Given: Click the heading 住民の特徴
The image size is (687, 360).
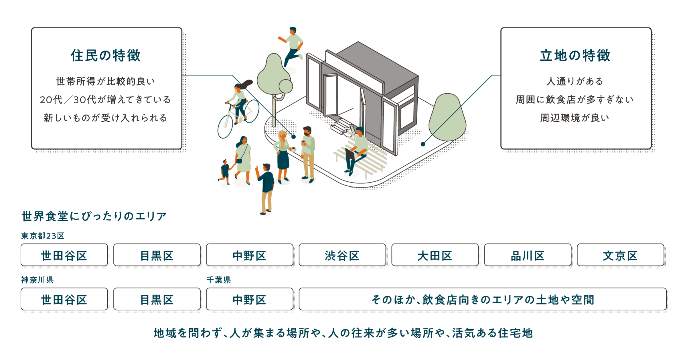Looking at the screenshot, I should click(x=106, y=56).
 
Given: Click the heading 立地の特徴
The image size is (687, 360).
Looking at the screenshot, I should click(x=575, y=56).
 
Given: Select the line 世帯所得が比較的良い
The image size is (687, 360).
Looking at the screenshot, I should click(x=106, y=82).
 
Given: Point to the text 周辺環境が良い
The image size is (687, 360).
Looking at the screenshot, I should click(x=575, y=118).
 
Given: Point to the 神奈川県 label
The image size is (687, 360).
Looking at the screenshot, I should click(x=37, y=280).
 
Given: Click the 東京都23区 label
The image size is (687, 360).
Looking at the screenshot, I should click(x=43, y=236).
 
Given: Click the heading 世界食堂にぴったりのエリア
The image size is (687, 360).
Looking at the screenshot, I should click(x=94, y=216).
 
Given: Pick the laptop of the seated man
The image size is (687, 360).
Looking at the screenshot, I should click(x=350, y=155).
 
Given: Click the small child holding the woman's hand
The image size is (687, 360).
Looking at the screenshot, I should click(x=225, y=172).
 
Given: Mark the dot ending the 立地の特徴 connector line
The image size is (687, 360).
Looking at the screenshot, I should click(x=423, y=144).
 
